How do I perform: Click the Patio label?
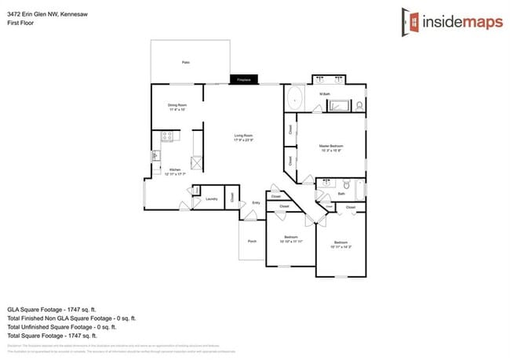pyautogui.click(x=186, y=62)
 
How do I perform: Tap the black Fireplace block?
pyautogui.click(x=245, y=79)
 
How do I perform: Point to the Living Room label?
pyautogui.click(x=243, y=138)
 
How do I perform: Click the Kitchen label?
pyautogui.click(x=176, y=172)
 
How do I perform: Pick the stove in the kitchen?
pyautogui.click(x=167, y=137)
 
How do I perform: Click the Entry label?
pyautogui.click(x=256, y=203)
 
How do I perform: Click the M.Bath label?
pyautogui.click(x=324, y=95)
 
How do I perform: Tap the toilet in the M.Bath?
pyautogui.click(x=359, y=104)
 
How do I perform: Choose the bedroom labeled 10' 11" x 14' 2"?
pyautogui.click(x=341, y=245)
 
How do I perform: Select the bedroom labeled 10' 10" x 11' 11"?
pyautogui.click(x=290, y=239)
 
